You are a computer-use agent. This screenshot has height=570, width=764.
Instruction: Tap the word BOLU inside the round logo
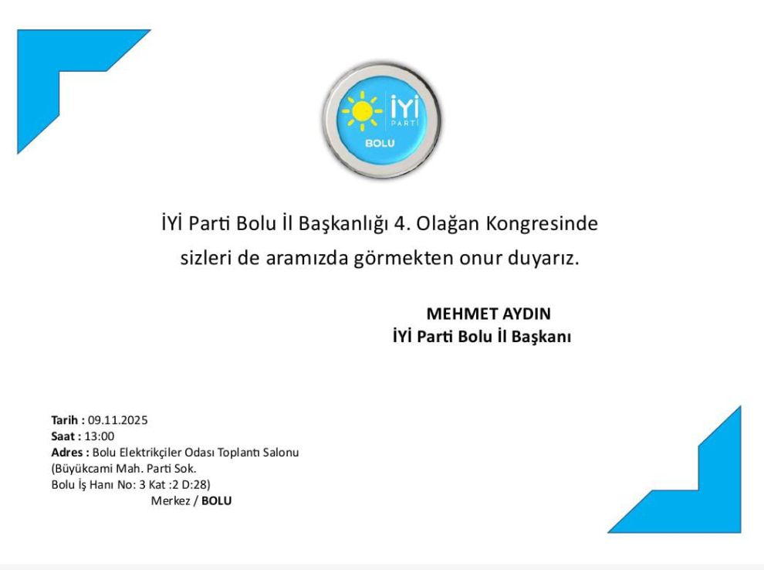380,144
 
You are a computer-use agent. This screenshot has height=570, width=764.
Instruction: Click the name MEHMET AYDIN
488,314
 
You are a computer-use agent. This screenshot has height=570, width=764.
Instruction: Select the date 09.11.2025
117,420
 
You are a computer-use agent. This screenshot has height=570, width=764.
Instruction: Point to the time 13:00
100,436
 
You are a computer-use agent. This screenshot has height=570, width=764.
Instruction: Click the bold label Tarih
64,420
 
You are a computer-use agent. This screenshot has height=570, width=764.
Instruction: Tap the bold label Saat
63,436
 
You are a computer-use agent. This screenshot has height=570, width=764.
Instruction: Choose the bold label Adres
68,453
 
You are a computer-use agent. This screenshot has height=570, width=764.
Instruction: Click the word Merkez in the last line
171,500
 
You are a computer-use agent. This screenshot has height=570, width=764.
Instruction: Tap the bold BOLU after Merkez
216,500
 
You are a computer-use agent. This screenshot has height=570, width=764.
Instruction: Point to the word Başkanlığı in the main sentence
343,224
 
